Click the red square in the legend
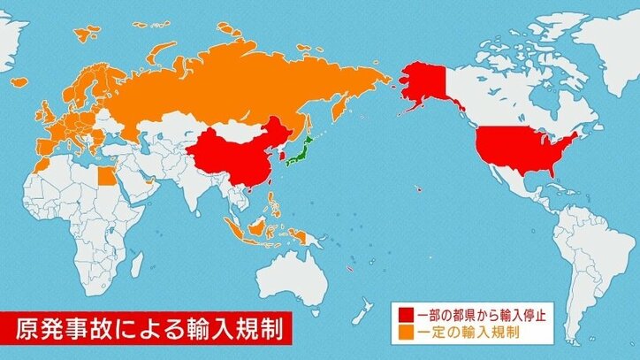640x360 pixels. coord(406,314)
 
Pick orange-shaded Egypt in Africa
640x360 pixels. coord(104,174)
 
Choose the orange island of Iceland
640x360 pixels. coord(87,34)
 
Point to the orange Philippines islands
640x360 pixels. coord(275,205)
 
